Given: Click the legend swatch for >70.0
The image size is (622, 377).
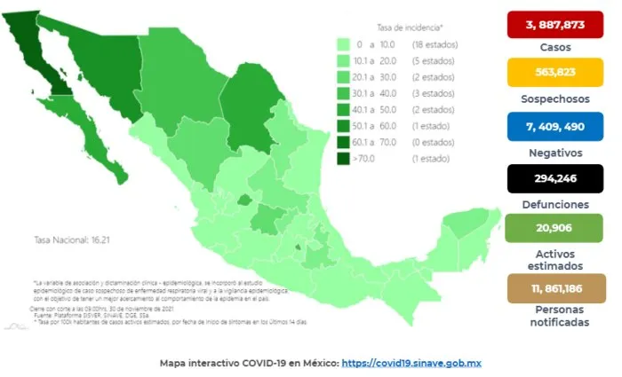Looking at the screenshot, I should click(x=343, y=159).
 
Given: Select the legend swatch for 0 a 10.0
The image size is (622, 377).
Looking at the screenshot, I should click(x=343, y=43).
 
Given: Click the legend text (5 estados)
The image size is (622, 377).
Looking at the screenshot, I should click(x=427, y=60).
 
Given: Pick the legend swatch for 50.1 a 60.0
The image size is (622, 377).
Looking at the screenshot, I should click(x=343, y=126).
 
